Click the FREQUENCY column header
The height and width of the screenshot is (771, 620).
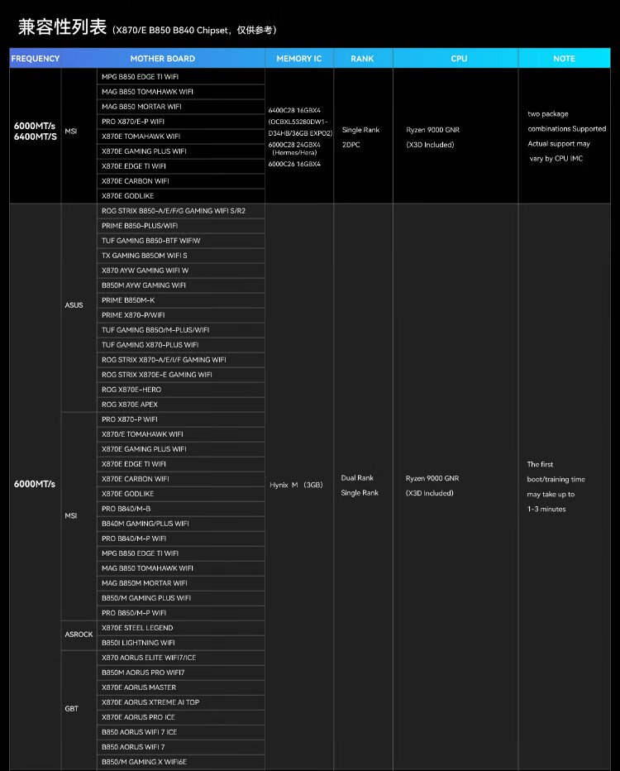[x=36, y=59]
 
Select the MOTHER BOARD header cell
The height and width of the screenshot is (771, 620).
[x=162, y=59]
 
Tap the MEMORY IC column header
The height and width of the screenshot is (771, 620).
[x=299, y=59]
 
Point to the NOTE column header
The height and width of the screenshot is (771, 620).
[x=564, y=59]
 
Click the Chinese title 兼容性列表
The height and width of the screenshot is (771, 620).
[x=63, y=27]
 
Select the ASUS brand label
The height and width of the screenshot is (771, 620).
[x=74, y=305]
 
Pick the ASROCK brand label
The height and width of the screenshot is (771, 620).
[x=79, y=635]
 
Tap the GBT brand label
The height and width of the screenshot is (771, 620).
[x=71, y=709]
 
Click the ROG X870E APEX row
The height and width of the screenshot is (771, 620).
[x=130, y=405]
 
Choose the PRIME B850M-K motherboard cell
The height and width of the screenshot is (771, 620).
[x=128, y=300]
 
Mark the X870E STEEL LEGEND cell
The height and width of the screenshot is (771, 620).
[x=137, y=628]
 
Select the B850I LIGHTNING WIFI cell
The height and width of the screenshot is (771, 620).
[x=138, y=643]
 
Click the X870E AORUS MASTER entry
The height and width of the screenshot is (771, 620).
[x=139, y=687]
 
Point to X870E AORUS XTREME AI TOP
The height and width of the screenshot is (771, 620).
[x=150, y=702]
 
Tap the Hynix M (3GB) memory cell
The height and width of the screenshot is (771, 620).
[x=296, y=485]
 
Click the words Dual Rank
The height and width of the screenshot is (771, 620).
[x=357, y=478]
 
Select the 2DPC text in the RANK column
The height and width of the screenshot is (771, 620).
[x=351, y=145]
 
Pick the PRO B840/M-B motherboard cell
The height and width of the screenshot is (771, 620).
[x=126, y=509]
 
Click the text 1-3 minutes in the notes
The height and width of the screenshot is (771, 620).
[x=546, y=509]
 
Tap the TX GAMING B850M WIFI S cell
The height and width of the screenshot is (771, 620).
[x=145, y=256]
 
